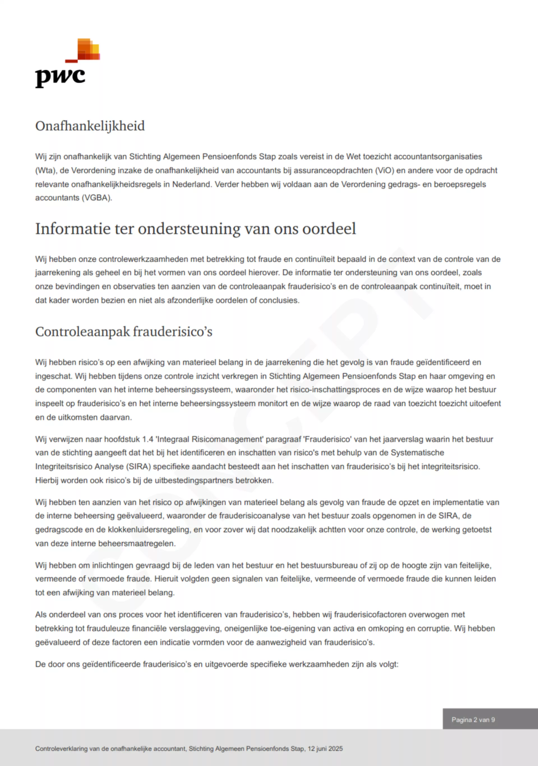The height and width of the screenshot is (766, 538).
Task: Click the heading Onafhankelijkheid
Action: tap(90, 126)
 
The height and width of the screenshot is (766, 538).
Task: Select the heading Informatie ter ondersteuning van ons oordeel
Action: tap(196, 229)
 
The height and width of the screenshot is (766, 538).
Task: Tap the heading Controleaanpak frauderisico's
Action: tap(124, 332)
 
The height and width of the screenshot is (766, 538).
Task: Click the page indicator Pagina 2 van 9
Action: tap(473, 720)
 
